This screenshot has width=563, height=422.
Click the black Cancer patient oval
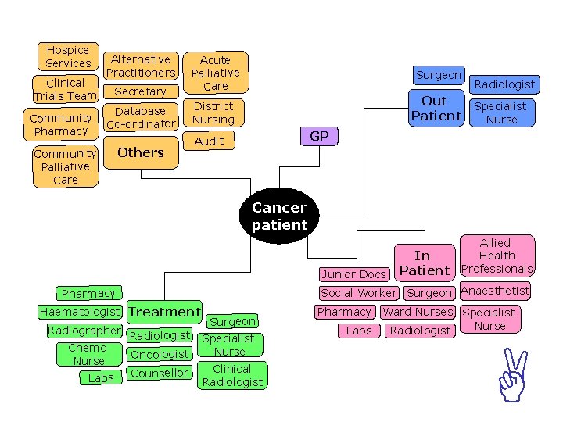click(279, 216)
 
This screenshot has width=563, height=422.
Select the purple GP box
click(319, 136)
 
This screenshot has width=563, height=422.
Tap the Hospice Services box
click(68, 56)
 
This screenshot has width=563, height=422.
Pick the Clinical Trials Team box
click(66, 89)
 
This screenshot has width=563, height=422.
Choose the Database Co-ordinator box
click(141, 117)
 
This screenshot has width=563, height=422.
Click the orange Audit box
click(210, 141)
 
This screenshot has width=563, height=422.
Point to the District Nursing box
click(213, 113)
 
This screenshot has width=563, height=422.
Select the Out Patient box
click(436, 108)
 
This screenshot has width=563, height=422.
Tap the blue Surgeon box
click(439, 75)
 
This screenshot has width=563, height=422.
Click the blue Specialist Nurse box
click(501, 113)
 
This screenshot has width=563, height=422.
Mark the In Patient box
click(424, 263)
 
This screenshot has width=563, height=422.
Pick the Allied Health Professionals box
click(497, 256)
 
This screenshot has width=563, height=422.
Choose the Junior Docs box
click(353, 274)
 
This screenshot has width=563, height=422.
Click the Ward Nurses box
click(418, 312)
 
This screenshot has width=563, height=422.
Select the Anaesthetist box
click(495, 291)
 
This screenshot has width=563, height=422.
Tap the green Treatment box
click(164, 312)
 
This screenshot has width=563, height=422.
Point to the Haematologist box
click(81, 312)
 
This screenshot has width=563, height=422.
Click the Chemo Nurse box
click(88, 354)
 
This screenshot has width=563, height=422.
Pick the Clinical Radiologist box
click(232, 375)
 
